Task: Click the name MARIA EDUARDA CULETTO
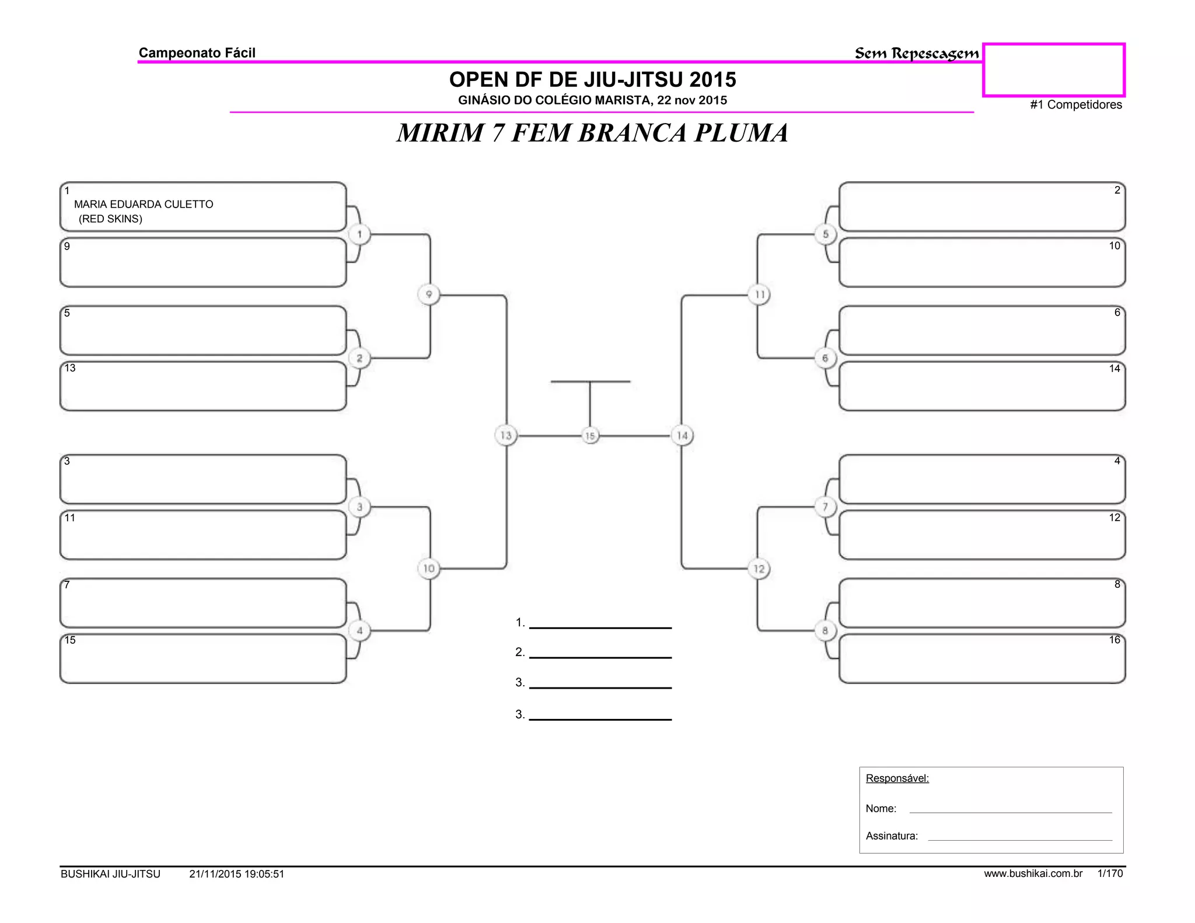[144, 204]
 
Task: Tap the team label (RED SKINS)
[110, 219]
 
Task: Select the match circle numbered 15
[590, 436]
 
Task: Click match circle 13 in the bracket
[506, 436]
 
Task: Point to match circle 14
[682, 436]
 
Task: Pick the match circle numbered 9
[429, 294]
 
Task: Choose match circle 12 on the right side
[759, 568]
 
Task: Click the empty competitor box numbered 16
[981, 659]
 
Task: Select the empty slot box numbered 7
[203, 603]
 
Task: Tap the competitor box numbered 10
[981, 262]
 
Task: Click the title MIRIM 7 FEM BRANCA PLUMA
[592, 133]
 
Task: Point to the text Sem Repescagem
[917, 54]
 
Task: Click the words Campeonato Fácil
[197, 53]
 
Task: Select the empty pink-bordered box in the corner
[1054, 70]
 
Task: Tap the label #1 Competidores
[1076, 105]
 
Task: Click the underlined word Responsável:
[897, 778]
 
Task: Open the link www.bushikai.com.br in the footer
[1033, 873]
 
